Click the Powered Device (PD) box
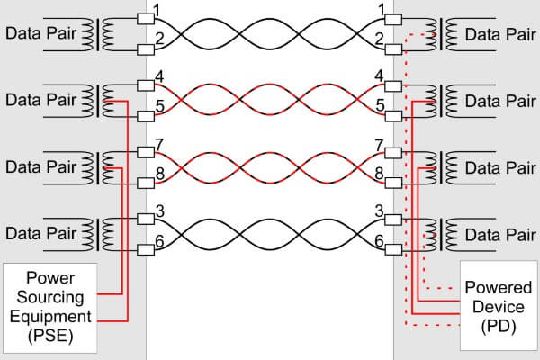(498, 306)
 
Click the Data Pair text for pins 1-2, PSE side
(40, 33)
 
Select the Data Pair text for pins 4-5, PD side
(498, 100)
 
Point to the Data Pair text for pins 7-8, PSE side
(40, 166)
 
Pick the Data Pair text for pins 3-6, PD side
(498, 233)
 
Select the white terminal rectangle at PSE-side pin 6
(143, 250)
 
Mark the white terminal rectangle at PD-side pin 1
(393, 19)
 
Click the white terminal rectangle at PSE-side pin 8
(143, 183)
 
